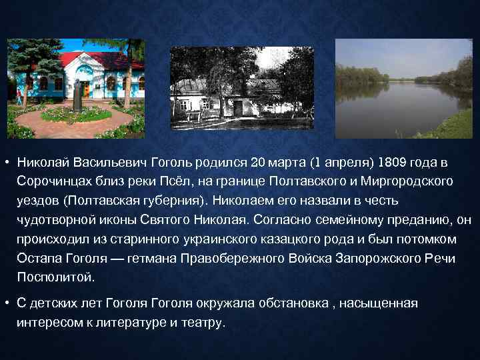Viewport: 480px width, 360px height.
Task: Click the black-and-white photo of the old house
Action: pos(242,87)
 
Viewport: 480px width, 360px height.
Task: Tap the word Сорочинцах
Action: pos(59,181)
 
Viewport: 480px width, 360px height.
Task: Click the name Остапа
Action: pos(38,257)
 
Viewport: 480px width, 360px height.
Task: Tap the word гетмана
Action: pos(157,257)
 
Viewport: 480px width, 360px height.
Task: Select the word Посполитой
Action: pos(56,276)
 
